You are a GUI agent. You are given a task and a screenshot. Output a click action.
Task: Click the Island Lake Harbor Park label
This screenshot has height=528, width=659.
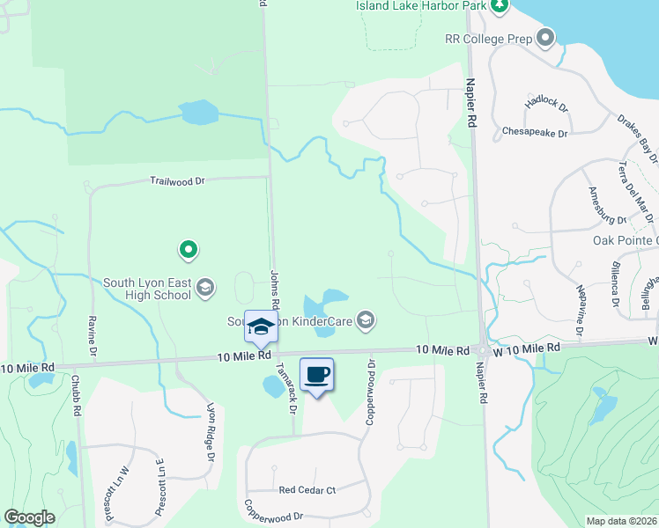coord(421,5)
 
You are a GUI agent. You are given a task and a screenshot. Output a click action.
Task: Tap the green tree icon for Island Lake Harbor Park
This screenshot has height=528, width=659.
coord(500,6)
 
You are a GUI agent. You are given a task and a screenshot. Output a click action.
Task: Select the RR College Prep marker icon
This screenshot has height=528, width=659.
coord(545,37)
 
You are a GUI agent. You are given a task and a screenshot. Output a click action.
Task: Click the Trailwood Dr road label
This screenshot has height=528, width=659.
coord(176,180)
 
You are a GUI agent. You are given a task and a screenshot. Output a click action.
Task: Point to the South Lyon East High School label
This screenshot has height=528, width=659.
coord(146,289)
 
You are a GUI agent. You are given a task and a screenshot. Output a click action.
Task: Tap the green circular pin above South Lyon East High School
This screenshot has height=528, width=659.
coord(188,251)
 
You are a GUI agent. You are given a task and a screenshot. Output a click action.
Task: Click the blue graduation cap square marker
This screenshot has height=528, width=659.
coord(261,327)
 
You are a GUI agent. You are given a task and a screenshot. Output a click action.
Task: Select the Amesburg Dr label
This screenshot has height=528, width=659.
coord(606,206)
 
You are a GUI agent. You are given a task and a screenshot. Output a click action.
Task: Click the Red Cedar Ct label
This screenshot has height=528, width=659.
coord(307,490)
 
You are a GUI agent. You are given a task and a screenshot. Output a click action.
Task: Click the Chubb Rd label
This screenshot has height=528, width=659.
coord(77,395)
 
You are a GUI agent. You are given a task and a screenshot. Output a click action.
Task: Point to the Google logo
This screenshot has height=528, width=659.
coord(29,517)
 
